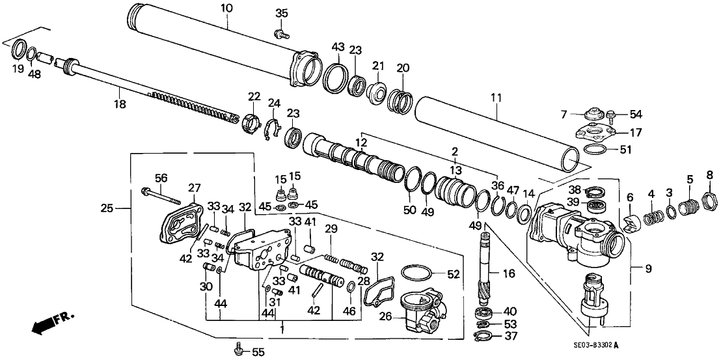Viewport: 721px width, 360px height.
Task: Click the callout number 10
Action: coord(226,8)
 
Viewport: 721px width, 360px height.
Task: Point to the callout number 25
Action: coord(107,208)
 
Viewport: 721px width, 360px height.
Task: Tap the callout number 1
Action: coord(282,330)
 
